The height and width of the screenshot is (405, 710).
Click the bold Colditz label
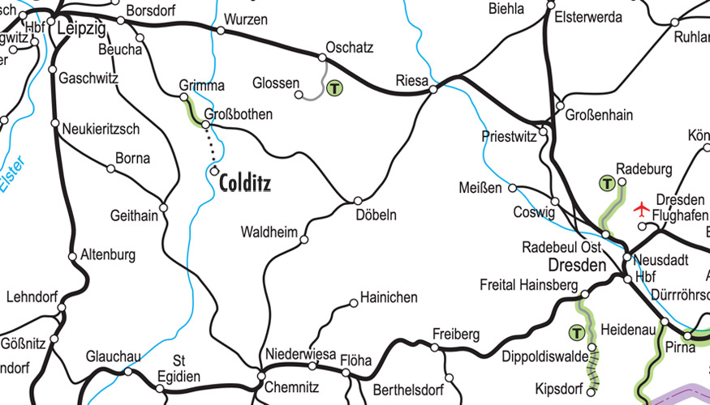coord(245,183)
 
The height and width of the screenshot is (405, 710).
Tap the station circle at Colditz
coord(214,171)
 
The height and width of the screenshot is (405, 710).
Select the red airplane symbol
coord(642,210)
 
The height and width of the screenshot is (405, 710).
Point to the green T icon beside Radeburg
coord(606,183)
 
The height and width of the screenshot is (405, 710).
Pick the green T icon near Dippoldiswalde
coord(576,332)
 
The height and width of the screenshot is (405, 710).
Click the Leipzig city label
coord(82,29)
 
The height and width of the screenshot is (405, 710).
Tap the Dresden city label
coord(577,266)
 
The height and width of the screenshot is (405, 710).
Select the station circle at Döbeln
coord(358,200)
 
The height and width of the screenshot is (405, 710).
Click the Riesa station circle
coord(433,89)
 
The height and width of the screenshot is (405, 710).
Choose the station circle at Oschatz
coord(322,58)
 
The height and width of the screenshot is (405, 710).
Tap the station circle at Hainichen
coord(353,303)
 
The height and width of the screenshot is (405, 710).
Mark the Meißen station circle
coord(512,188)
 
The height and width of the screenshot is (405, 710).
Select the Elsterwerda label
coord(588,17)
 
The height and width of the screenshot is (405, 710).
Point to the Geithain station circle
coord(163,207)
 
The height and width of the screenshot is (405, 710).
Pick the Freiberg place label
coord(456,334)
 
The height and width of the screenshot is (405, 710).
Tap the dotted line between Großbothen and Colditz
coord(210,148)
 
